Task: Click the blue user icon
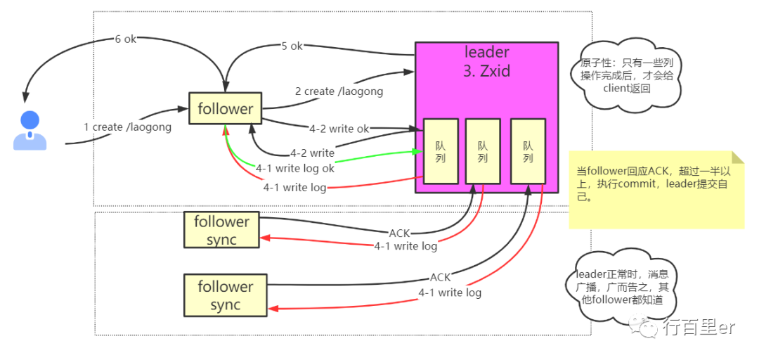coord(30,130)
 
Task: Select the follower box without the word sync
coord(226,108)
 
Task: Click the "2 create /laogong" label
coord(339,91)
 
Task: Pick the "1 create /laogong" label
coord(128,127)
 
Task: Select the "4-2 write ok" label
coord(339,129)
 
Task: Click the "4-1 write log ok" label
coord(294,169)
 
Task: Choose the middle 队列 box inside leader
coord(483,150)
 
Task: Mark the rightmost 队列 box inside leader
coord(528,150)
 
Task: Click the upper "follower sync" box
coord(221,230)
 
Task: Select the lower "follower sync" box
coord(226,295)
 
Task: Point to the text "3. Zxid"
coord(487,71)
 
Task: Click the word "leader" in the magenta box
coord(487,51)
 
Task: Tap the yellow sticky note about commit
coord(656,189)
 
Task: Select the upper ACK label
coord(400,233)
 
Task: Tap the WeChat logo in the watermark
coord(643,327)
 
